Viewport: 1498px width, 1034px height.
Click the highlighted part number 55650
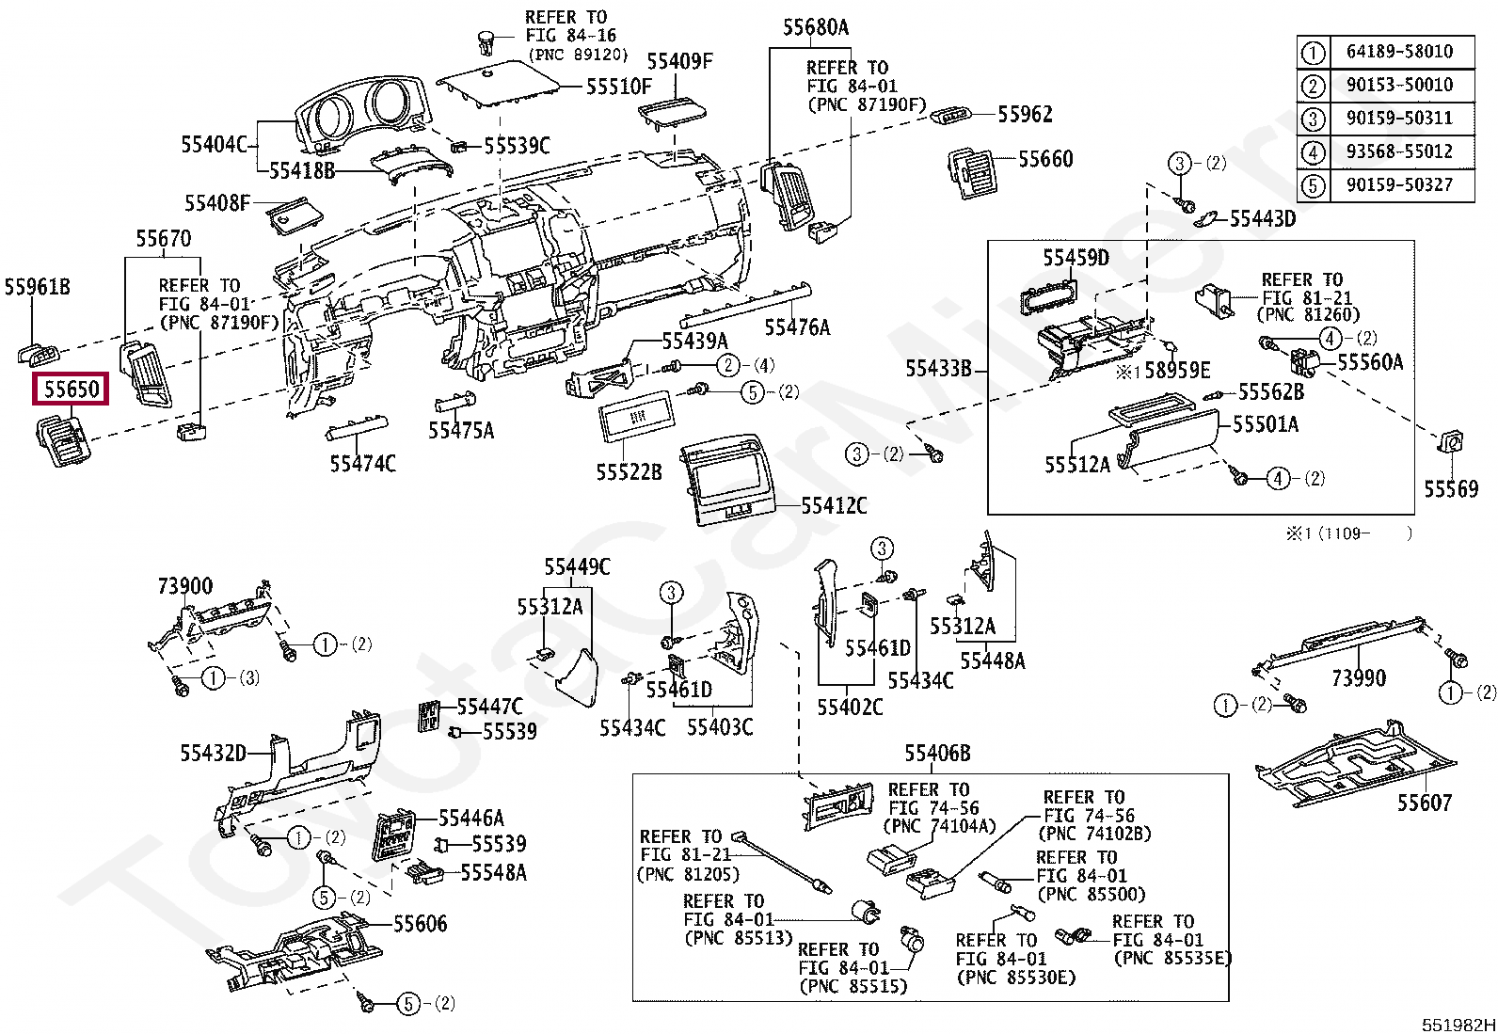point(71,389)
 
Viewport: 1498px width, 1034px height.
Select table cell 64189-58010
point(1399,52)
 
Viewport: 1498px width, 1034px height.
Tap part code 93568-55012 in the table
point(1399,151)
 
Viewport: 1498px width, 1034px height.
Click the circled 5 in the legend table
point(1313,185)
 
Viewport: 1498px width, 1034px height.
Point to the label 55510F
point(618,87)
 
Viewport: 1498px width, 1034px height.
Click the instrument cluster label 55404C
point(214,145)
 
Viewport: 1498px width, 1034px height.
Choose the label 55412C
point(834,505)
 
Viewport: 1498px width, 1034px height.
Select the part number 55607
point(1425,803)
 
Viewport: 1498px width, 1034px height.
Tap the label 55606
point(420,924)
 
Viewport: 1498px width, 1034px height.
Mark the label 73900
point(185,586)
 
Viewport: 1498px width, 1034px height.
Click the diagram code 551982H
point(1458,1025)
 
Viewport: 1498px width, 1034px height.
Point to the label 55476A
point(797,327)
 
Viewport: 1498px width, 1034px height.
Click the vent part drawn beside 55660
point(972,173)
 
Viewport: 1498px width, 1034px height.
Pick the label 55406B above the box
point(937,753)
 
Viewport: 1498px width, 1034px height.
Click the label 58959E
point(1177,370)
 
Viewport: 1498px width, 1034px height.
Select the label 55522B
point(629,472)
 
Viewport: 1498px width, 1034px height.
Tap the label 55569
point(1451,489)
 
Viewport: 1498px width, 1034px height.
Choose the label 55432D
point(214,753)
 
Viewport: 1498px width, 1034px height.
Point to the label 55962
point(1026,115)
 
